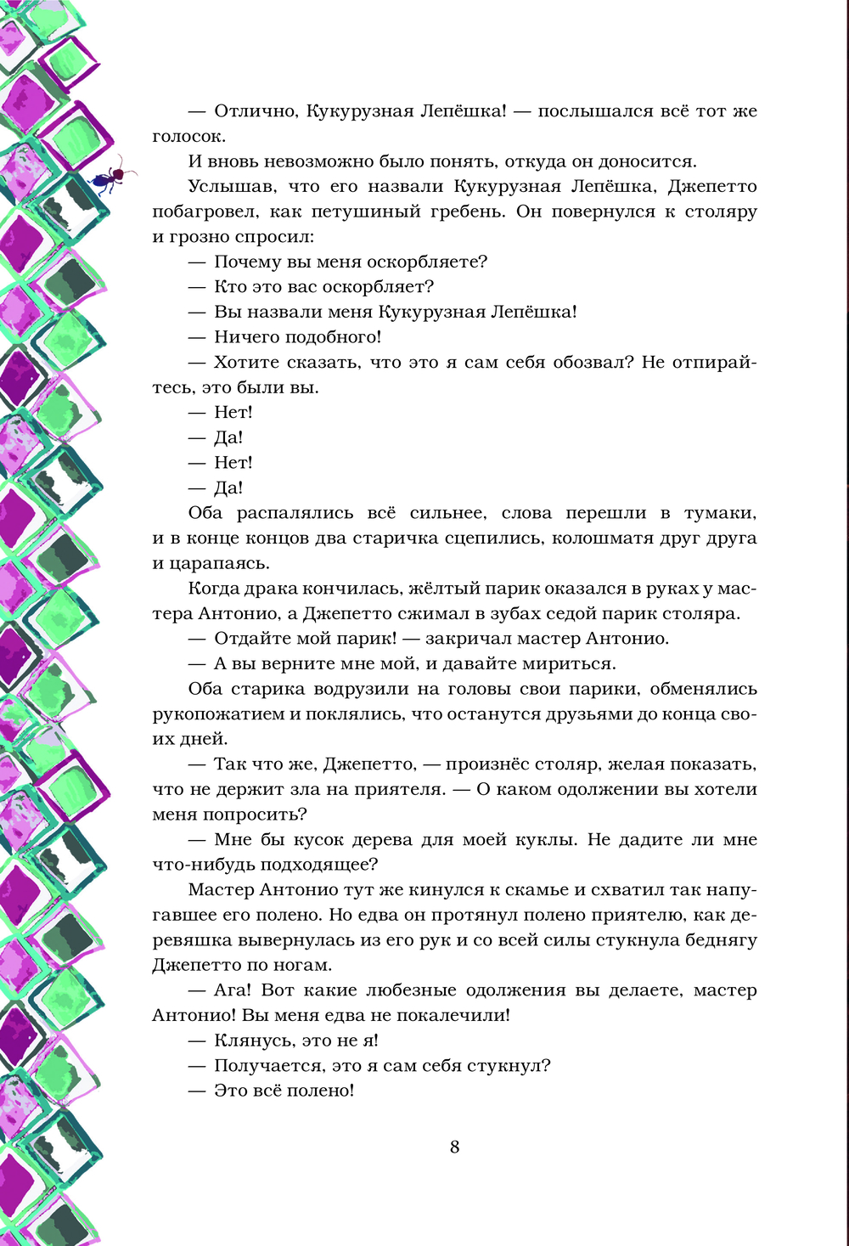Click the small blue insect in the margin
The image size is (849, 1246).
click(x=113, y=176)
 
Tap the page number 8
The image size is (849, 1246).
click(x=454, y=1147)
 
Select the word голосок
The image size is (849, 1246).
click(x=188, y=137)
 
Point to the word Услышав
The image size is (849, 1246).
click(x=225, y=187)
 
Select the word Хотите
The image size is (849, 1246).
click(x=248, y=363)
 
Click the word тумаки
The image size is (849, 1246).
click(x=720, y=513)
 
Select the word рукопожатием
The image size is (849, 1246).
click(x=219, y=714)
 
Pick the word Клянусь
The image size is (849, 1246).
click(x=252, y=1041)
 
